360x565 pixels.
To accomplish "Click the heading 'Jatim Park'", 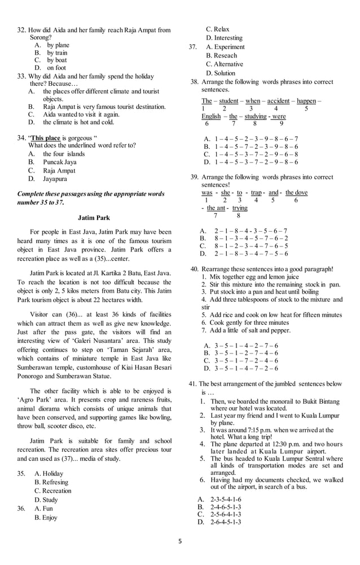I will click(94, 217).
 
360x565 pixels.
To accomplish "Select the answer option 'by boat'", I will click(56, 60).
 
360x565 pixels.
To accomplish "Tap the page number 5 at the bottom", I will click(180, 541).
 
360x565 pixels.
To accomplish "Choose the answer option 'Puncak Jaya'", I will click(60, 162).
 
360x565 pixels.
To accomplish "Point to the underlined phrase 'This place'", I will click(45, 137).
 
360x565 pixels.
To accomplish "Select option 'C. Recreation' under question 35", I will click(53, 491).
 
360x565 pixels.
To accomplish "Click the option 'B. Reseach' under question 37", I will click(221, 56).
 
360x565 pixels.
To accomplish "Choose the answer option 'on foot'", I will click(56, 68).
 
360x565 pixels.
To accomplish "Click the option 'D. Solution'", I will click(221, 73).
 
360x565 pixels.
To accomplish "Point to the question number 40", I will click(194, 269).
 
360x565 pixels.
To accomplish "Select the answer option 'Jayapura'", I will click(55, 179).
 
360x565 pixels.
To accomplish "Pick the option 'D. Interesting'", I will click(224, 38).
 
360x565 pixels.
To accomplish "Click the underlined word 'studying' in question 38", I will click(255, 116).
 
